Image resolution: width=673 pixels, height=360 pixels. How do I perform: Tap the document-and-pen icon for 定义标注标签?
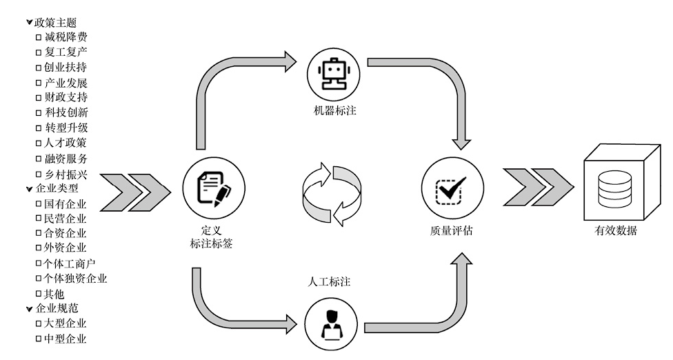213,188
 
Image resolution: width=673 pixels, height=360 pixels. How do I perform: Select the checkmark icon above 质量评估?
452,188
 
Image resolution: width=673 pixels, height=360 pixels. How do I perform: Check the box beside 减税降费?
39,37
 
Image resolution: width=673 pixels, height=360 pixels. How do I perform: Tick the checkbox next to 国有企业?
39,203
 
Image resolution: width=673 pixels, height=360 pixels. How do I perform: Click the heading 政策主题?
55,22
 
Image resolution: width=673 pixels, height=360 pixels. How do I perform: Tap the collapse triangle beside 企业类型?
29,188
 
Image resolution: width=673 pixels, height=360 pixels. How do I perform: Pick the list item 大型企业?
66,323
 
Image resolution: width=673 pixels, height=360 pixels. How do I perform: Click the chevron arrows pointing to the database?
538,186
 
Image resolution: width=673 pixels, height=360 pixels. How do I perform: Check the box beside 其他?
39,293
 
